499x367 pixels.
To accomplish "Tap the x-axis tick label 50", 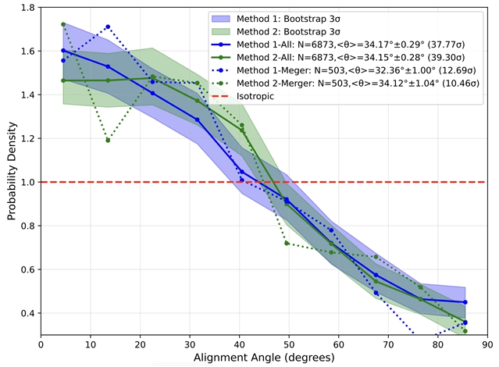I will click(x=289, y=344).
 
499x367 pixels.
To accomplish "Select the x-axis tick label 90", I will click(x=487, y=344).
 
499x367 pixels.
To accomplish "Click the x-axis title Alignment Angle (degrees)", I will click(x=264, y=358).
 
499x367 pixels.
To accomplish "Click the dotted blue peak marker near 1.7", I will click(x=108, y=27).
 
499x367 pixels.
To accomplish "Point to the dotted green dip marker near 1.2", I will click(x=108, y=141).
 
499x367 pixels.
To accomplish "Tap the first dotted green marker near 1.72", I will click(x=63, y=24).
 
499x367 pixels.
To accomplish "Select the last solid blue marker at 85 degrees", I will click(x=465, y=302).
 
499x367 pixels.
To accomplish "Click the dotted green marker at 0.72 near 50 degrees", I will click(x=287, y=243).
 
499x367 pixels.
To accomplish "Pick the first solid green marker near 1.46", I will click(x=63, y=80).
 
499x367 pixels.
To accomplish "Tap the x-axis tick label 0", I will click(x=41, y=344).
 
